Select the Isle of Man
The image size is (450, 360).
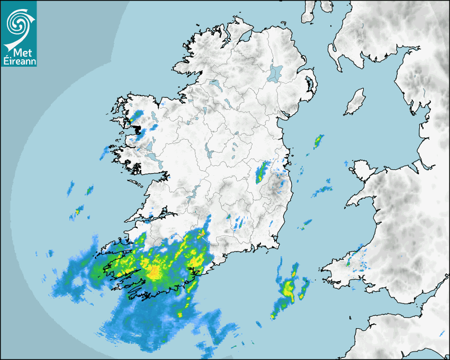(x=355, y=102)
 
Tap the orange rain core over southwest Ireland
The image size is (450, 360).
(x=154, y=272)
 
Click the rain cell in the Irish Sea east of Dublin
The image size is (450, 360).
(x=318, y=141)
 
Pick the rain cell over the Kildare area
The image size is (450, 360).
(x=262, y=172)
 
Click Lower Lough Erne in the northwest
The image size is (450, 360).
(x=214, y=84)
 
